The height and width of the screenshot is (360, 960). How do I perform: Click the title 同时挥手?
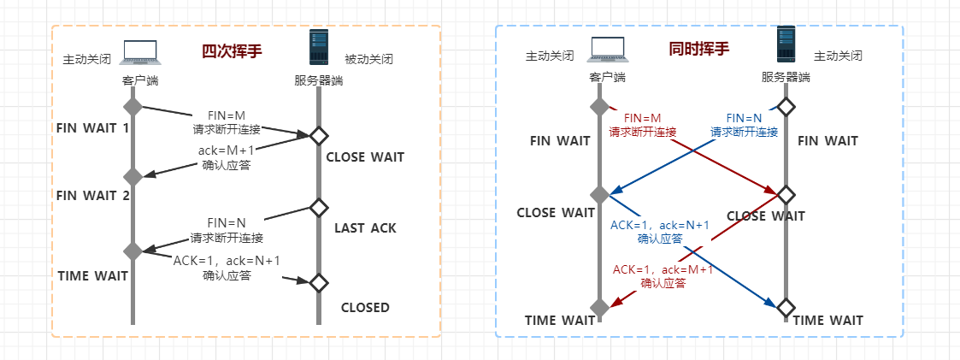pyautogui.click(x=699, y=49)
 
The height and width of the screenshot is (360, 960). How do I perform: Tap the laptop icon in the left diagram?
pyautogui.click(x=140, y=53)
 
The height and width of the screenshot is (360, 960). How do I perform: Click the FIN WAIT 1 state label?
pyautogui.click(x=92, y=128)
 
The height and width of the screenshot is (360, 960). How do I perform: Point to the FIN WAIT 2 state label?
pyautogui.click(x=92, y=195)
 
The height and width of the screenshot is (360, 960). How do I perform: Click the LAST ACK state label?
pyautogui.click(x=365, y=228)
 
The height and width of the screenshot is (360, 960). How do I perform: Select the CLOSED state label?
pyautogui.click(x=365, y=308)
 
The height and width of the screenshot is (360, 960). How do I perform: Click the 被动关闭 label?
pyautogui.click(x=368, y=61)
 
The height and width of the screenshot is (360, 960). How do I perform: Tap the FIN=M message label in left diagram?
pyautogui.click(x=227, y=116)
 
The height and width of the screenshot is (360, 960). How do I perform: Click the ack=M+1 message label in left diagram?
pyautogui.click(x=227, y=152)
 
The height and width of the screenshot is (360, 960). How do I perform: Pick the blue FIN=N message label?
pyautogui.click(x=744, y=118)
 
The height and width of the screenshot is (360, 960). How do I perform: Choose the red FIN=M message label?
pyautogui.click(x=642, y=118)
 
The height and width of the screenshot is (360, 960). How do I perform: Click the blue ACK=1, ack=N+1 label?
pyautogui.click(x=659, y=225)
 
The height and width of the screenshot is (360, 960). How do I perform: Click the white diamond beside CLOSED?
pyautogui.click(x=319, y=281)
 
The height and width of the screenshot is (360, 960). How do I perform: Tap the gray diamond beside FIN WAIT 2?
pyautogui.click(x=133, y=177)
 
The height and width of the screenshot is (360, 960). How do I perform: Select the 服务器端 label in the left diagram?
pyautogui.click(x=319, y=81)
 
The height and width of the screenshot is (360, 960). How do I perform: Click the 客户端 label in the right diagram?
pyautogui.click(x=607, y=78)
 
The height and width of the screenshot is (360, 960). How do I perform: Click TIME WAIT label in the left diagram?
pyautogui.click(x=92, y=275)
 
